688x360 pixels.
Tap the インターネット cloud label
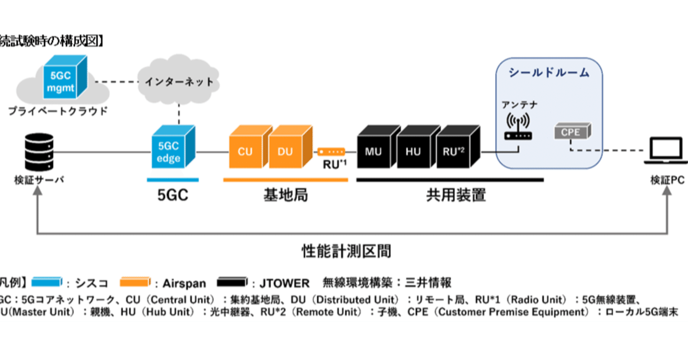(x=179, y=82)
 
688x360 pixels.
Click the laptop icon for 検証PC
(x=666, y=152)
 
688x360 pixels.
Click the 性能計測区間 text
(x=346, y=250)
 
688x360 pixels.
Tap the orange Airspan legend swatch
(x=134, y=282)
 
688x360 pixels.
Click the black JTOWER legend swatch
(x=234, y=282)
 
